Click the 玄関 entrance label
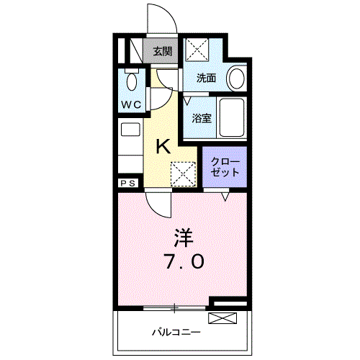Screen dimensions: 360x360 click(x=163, y=51)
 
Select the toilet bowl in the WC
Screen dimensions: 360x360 click(x=131, y=81)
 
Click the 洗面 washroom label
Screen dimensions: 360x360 click(x=207, y=78)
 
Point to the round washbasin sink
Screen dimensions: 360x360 click(x=236, y=78)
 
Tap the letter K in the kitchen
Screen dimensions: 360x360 click(x=163, y=148)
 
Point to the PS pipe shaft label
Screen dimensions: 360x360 click(x=128, y=184)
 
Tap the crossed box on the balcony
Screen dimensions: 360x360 click(x=222, y=319)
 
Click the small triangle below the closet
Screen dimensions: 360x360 click(x=225, y=195)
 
